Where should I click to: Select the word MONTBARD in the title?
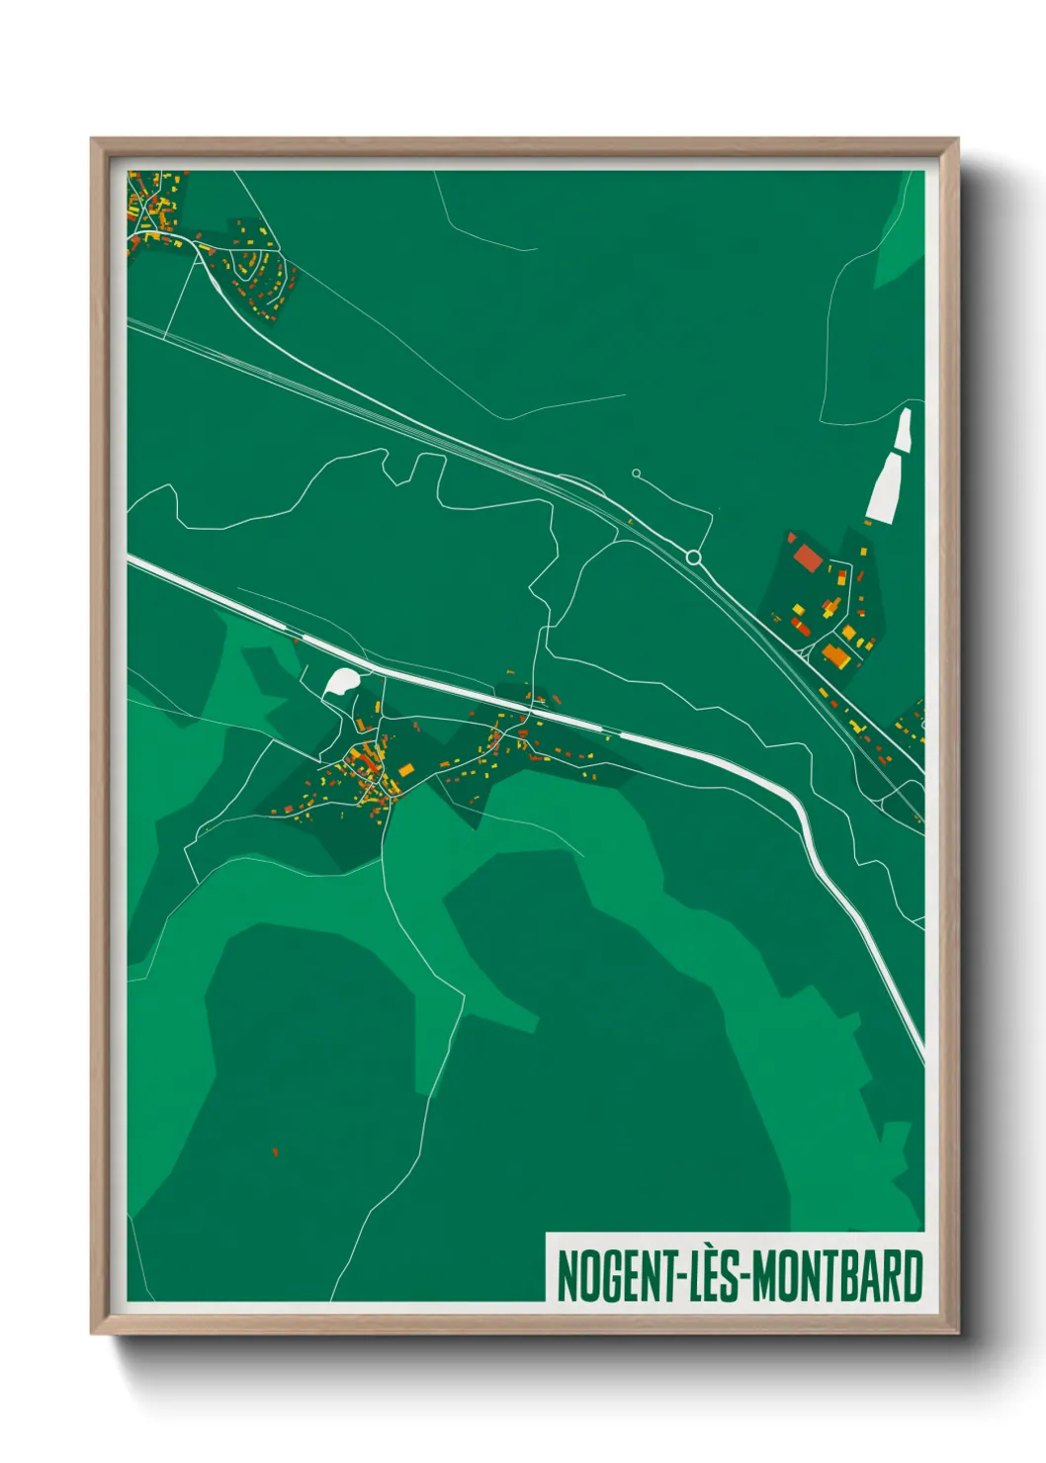[837, 1276]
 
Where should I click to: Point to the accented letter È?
[709, 1275]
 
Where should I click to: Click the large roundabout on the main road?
[694, 559]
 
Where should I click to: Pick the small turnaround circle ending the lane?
[636, 473]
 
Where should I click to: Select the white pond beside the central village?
[342, 681]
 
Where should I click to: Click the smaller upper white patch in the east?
[902, 431]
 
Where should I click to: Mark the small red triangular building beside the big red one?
[791, 538]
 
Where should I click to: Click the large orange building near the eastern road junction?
[836, 654]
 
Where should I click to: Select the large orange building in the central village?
[405, 770]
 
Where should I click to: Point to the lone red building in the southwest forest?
[275, 1152]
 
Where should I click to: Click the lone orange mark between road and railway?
[630, 521]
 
